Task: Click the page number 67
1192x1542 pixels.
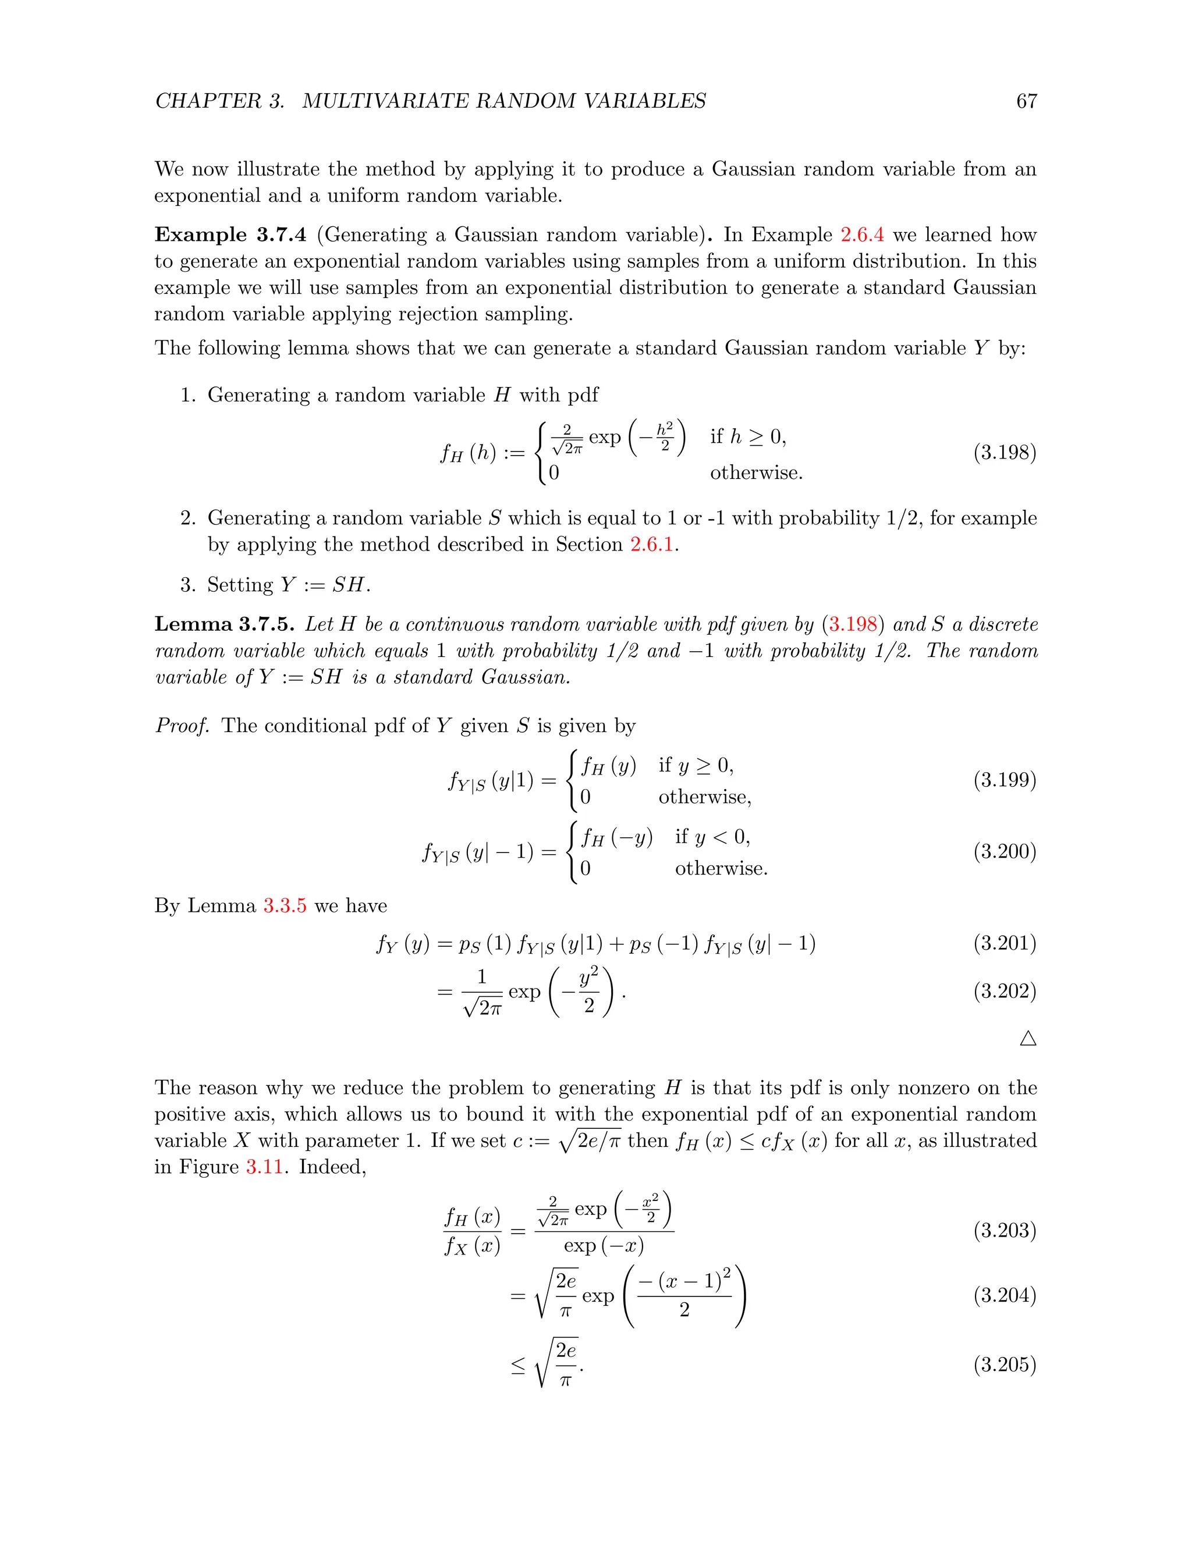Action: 1026,101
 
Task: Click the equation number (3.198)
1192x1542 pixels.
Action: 1004,452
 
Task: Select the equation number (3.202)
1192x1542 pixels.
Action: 1004,992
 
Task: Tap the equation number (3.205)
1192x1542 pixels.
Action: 1004,1364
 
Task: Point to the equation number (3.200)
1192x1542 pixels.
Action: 1004,851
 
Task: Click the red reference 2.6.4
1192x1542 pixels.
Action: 861,235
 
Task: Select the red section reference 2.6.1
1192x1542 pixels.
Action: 652,545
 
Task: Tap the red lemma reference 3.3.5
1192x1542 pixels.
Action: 285,906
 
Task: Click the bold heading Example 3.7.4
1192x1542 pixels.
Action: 230,235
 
